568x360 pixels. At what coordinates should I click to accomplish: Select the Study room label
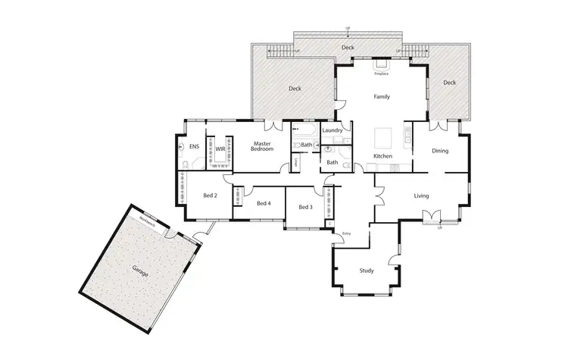(367, 271)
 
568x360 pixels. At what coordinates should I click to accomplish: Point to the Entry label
(347, 233)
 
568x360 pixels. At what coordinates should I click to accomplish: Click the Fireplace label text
(381, 74)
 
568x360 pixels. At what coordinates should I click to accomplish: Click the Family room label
(382, 97)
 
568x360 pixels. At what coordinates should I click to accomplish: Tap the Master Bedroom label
(262, 146)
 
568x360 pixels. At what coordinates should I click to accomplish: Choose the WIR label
(220, 149)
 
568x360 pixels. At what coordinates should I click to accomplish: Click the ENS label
(194, 146)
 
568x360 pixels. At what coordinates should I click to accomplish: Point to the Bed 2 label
(210, 196)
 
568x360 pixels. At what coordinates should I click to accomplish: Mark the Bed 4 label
(264, 203)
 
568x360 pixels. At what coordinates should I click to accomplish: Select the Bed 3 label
(305, 207)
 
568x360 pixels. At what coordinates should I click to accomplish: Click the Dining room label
(440, 151)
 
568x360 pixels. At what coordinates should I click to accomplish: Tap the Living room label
(421, 196)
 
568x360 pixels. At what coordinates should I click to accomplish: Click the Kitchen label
(383, 156)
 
